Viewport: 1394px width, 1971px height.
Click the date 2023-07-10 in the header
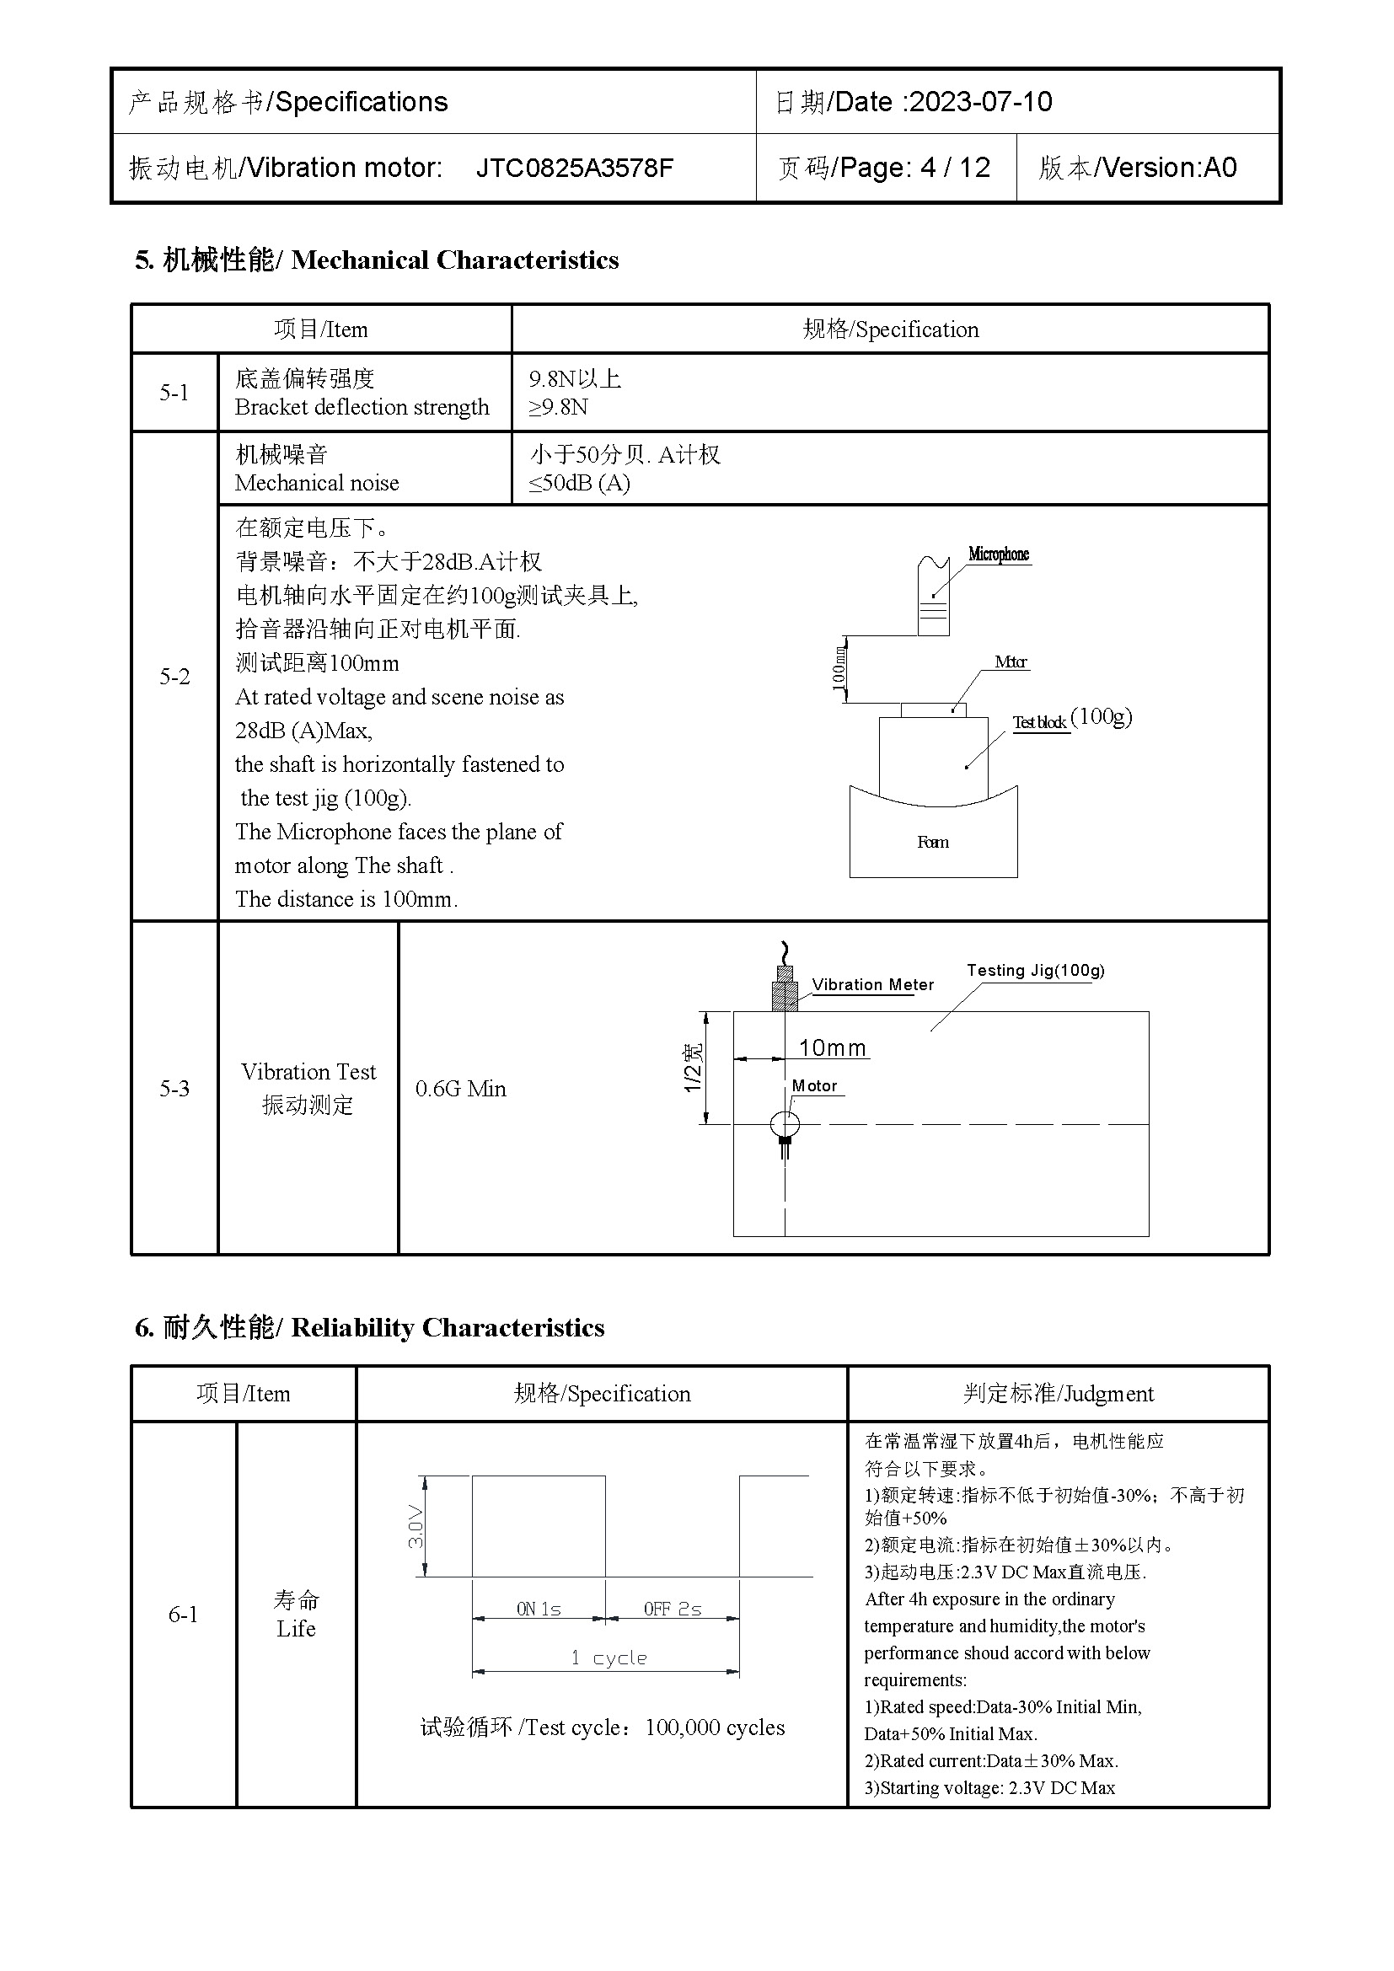[x=980, y=102]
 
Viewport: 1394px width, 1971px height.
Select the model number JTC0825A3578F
[x=574, y=168]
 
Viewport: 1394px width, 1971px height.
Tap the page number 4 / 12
[x=955, y=168]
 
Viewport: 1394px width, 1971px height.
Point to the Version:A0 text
[x=1169, y=168]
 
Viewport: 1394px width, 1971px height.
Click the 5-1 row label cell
[x=174, y=393]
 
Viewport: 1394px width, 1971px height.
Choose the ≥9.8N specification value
[x=559, y=407]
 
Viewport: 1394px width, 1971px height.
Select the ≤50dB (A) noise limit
[x=579, y=484]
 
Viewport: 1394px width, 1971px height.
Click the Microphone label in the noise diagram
[x=998, y=554]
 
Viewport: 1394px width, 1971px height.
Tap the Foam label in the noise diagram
[x=933, y=842]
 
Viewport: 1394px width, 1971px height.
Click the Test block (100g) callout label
[x=1071, y=720]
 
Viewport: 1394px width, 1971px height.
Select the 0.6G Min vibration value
[x=461, y=1089]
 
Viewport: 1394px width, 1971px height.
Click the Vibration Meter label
[x=872, y=984]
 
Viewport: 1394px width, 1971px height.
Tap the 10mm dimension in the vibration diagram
[x=832, y=1048]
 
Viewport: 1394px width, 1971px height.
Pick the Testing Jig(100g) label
[x=1035, y=970]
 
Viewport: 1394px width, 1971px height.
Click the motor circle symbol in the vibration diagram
[x=785, y=1122]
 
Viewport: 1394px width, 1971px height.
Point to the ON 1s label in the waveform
[x=539, y=1609]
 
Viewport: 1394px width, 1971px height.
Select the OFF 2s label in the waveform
[x=672, y=1609]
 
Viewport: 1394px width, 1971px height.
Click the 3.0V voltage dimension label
[x=416, y=1525]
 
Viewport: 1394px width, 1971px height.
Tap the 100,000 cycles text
[x=715, y=1727]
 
